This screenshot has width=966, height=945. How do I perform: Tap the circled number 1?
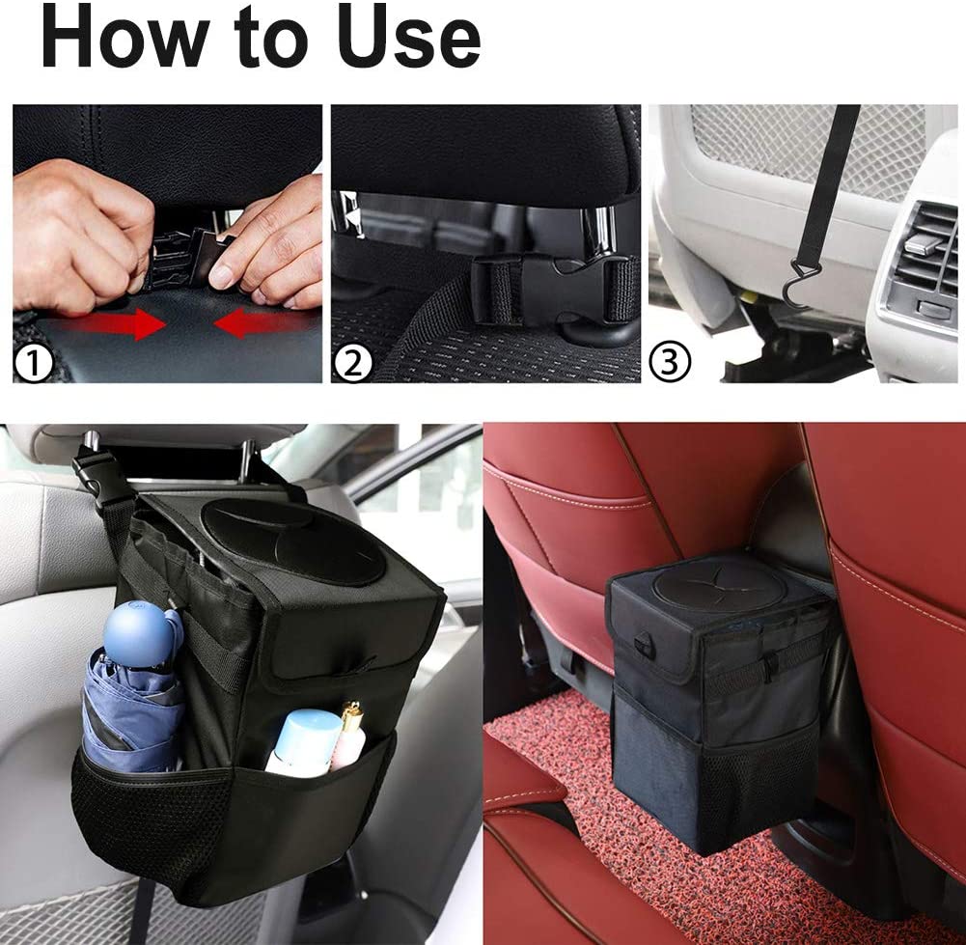coord(33,364)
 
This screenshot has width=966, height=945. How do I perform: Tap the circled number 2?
coord(352,364)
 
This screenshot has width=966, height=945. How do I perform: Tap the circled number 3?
coord(670,363)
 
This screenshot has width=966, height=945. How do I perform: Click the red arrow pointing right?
coord(116,323)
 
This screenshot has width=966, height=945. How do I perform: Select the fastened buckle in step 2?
coord(556,287)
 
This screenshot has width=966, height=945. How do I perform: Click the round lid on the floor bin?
coord(718,585)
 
